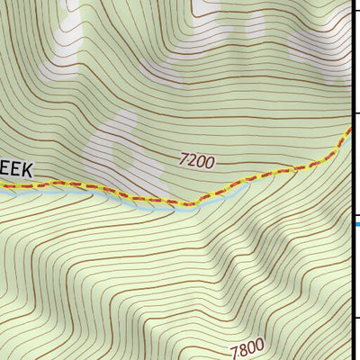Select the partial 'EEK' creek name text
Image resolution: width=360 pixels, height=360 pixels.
click(x=16, y=168)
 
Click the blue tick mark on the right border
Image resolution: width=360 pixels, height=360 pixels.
click(x=355, y=224)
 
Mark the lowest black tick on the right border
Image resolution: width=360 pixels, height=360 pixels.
click(x=355, y=317)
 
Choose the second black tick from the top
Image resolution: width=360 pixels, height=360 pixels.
click(x=355, y=113)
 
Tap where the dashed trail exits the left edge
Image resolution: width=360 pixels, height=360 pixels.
click(x=2, y=186)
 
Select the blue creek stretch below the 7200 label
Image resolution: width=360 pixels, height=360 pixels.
click(x=207, y=200)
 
